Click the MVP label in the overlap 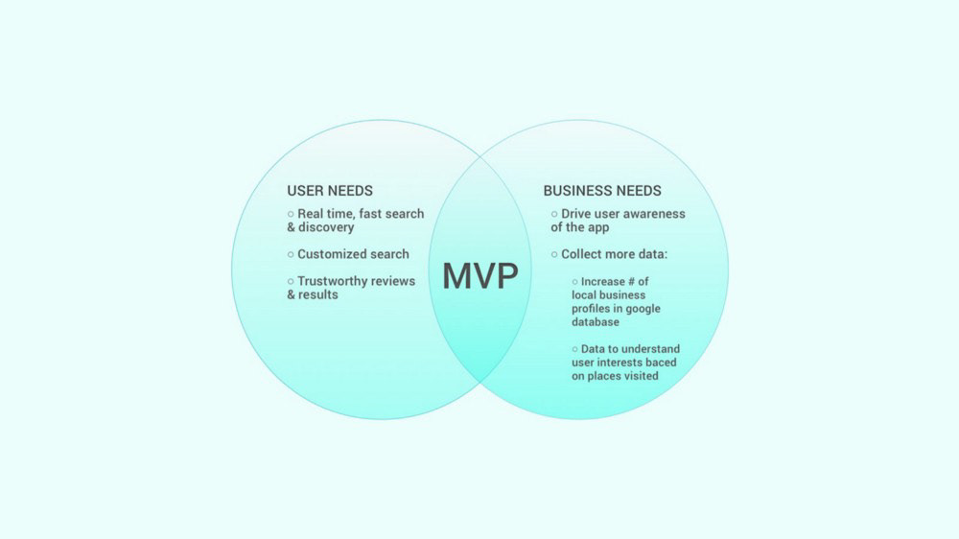(479, 276)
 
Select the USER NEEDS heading (330, 191)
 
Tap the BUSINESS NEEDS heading (602, 191)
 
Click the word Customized (329, 254)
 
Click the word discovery (326, 227)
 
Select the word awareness (651, 214)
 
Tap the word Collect (583, 254)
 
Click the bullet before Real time (291, 214)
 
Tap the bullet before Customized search (291, 254)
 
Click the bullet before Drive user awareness (553, 214)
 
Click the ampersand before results (292, 294)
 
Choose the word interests (613, 363)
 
